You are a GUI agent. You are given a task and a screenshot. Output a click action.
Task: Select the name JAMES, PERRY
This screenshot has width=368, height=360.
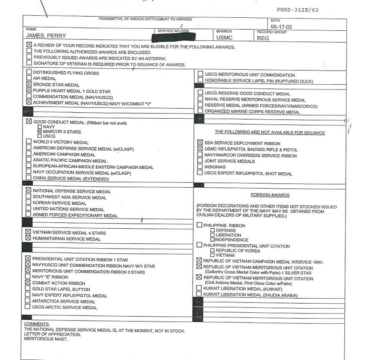pyautogui.click(x=46, y=35)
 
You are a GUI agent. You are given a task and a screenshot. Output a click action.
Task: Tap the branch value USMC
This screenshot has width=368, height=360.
pyautogui.click(x=224, y=38)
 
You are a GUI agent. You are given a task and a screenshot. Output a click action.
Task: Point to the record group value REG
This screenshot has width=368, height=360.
pyautogui.click(x=263, y=39)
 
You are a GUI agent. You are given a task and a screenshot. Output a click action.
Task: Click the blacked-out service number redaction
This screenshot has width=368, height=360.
pyautogui.click(x=174, y=37)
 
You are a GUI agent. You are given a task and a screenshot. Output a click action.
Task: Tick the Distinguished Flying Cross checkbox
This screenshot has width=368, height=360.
pyautogui.click(x=28, y=73)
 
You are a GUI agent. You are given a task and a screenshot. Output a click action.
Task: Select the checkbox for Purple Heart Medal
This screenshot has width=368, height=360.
pyautogui.click(x=28, y=90)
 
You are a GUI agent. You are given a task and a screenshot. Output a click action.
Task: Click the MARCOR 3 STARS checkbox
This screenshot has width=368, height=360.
pyautogui.click(x=39, y=131)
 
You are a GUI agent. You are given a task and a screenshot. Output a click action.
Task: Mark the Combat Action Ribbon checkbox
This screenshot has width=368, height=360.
pyautogui.click(x=28, y=283)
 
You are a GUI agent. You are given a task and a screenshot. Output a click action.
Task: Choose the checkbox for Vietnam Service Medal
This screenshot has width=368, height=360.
pyautogui.click(x=28, y=232)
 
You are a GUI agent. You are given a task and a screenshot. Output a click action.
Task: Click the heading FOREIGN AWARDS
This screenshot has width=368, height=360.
pyautogui.click(x=270, y=195)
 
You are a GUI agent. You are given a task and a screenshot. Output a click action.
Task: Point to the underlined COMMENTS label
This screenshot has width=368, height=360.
pyautogui.click(x=37, y=324)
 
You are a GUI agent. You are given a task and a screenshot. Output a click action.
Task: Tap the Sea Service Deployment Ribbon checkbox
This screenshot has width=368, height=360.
pyautogui.click(x=200, y=143)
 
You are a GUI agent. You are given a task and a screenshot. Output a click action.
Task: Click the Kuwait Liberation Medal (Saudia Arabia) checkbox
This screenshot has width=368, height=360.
pyautogui.click(x=199, y=295)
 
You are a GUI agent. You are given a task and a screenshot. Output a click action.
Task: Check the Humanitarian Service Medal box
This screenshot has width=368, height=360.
pyautogui.click(x=28, y=238)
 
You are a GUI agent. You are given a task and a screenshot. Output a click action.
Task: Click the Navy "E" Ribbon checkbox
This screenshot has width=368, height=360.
pyautogui.click(x=28, y=277)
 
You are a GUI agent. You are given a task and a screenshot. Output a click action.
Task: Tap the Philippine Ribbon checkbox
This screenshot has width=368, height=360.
pyautogui.click(x=200, y=225)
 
